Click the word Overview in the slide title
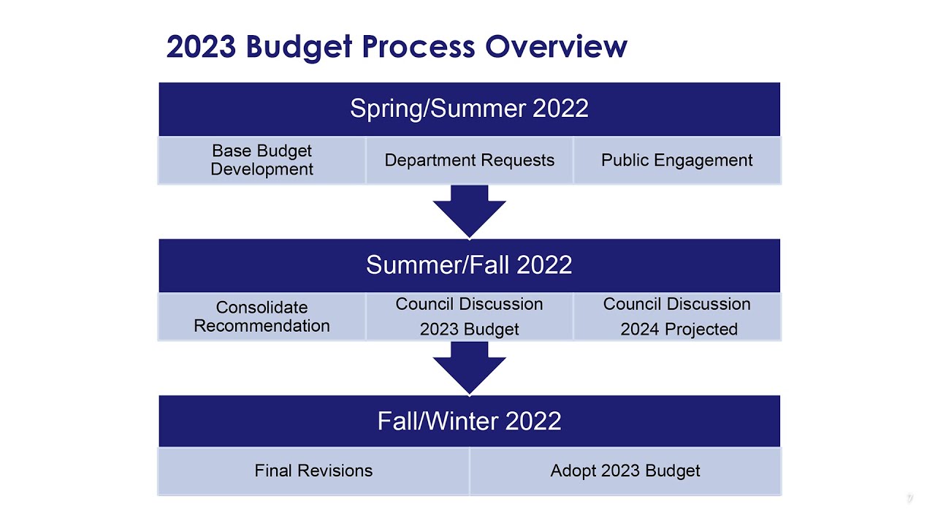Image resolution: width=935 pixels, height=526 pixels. point(556,47)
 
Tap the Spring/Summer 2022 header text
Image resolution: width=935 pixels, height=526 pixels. point(469,109)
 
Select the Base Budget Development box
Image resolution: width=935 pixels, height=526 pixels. point(262,160)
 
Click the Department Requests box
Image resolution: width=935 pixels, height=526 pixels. point(469,160)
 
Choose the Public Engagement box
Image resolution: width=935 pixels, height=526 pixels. point(676,160)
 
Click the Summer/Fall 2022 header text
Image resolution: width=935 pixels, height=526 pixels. point(469,264)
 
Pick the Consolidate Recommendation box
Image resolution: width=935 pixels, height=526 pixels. point(262,316)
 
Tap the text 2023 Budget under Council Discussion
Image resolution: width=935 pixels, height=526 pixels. point(469,329)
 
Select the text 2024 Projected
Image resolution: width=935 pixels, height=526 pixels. point(679,329)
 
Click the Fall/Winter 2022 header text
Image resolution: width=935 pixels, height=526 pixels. point(469,421)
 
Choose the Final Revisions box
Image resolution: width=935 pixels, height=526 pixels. point(313,471)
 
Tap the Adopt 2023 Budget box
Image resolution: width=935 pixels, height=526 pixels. point(625,471)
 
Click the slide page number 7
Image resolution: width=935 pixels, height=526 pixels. point(909,498)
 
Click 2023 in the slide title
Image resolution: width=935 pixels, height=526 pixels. point(201,47)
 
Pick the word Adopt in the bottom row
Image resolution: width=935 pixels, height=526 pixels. point(572,471)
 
